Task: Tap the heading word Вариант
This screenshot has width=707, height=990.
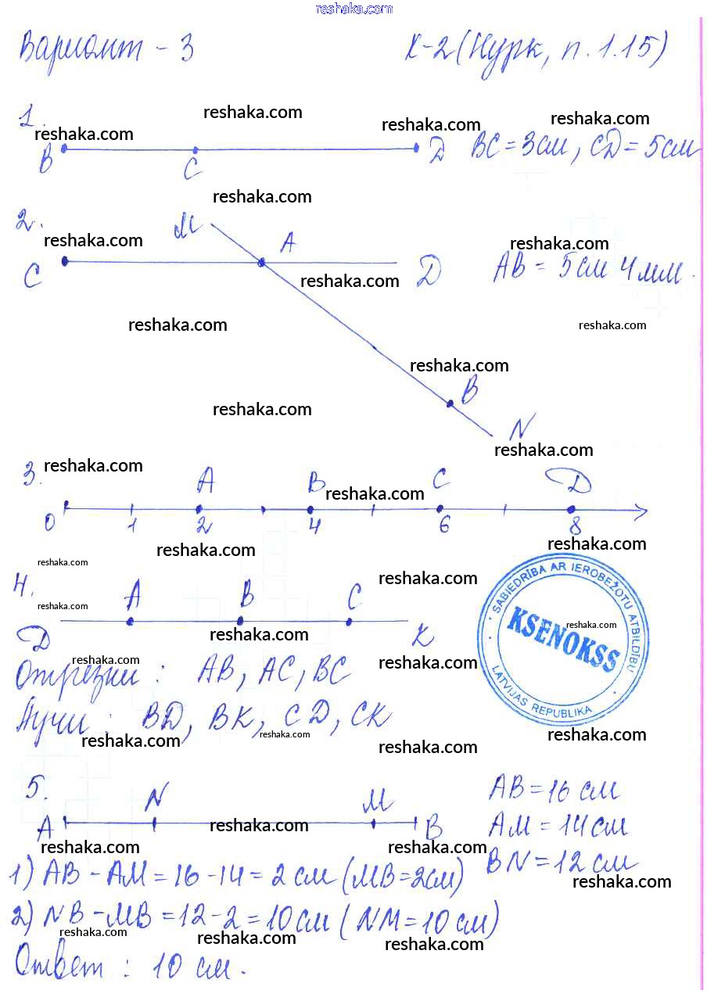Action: (x=82, y=48)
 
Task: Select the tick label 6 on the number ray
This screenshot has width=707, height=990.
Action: (x=443, y=525)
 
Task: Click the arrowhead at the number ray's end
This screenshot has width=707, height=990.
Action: (x=641, y=512)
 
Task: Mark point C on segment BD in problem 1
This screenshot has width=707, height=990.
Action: (x=196, y=149)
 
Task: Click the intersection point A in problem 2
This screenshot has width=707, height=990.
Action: (x=263, y=264)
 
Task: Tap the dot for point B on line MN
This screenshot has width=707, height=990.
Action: (x=450, y=404)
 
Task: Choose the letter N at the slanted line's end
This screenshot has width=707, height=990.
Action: (x=520, y=428)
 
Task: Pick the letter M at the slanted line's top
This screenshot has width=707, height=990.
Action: (x=188, y=228)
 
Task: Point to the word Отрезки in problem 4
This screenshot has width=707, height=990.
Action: (x=78, y=677)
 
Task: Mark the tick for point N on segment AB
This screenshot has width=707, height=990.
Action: (x=154, y=823)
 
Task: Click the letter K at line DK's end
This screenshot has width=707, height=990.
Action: (x=422, y=639)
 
